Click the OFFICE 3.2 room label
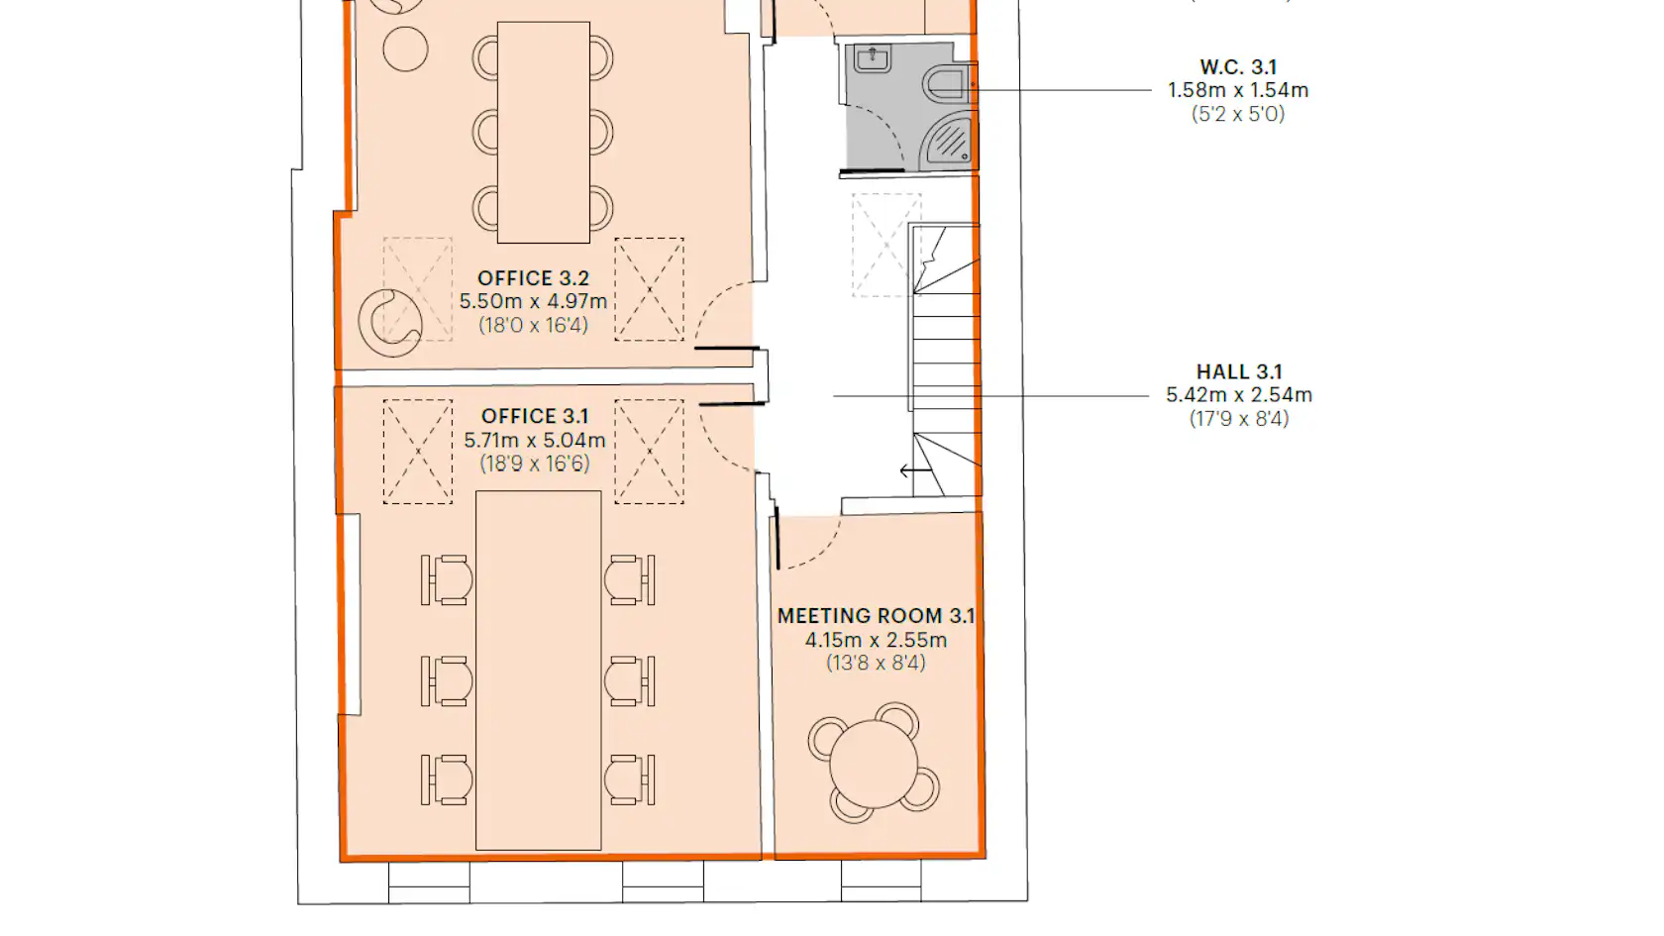pos(533,278)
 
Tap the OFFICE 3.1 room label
pos(534,416)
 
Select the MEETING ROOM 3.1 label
pos(876,616)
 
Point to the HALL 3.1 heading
pos(1239,371)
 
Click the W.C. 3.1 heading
pos(1238,67)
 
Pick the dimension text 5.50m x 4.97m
pos(533,301)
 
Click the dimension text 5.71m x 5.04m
pos(534,440)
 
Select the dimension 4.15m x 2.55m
pos(876,640)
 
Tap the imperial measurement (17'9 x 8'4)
pos(1239,419)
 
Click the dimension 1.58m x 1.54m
pos(1238,91)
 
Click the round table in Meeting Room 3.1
pos(874,764)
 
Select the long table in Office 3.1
pos(538,670)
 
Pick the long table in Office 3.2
pos(543,133)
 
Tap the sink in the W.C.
pos(872,58)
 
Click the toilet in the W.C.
pos(947,83)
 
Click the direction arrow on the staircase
pos(914,470)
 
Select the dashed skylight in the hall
pos(886,246)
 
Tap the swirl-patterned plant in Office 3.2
pos(390,323)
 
